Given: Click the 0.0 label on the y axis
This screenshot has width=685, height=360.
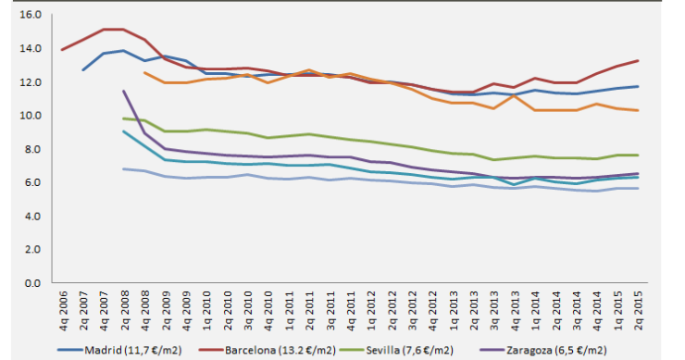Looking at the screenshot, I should [33, 282].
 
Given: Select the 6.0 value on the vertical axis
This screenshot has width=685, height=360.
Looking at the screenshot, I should [33, 182].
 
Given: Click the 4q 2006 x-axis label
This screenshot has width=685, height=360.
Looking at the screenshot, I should [63, 311].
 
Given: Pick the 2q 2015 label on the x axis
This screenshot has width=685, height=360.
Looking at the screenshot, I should [638, 311].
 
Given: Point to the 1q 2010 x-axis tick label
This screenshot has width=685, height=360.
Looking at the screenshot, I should [206, 311].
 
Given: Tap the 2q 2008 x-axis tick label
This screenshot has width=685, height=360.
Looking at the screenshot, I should [124, 311].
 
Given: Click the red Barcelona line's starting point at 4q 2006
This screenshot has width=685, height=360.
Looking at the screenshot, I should [62, 50].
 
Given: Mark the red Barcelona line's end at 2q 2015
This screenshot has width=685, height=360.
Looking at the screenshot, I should [638, 61].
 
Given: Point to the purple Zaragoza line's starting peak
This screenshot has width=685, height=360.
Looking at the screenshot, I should [124, 91].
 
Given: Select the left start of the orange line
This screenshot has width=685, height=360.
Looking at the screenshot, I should [144, 72].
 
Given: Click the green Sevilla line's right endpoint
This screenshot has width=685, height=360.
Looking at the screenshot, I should [638, 155].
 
